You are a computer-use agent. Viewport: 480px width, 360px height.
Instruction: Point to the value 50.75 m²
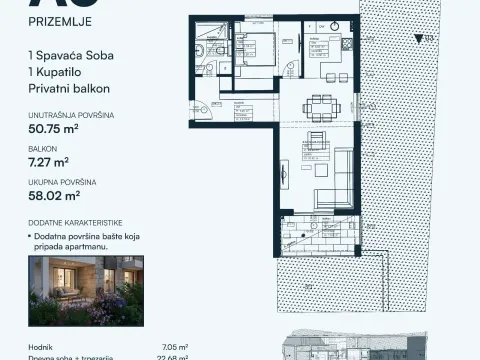click(x=59, y=130)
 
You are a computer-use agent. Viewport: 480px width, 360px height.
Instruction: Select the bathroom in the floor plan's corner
click(x=211, y=46)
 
